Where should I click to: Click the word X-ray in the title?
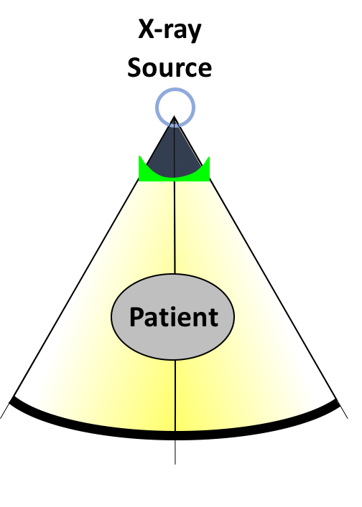tap(170, 30)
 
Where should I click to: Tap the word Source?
tap(170, 67)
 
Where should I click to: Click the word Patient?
tap(174, 317)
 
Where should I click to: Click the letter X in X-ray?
tap(146, 29)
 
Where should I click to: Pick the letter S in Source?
tap(134, 67)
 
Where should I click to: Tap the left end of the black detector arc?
tap(11, 401)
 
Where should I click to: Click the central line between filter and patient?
tap(175, 227)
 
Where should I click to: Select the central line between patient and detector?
tap(175, 395)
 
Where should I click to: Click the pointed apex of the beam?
tap(175, 115)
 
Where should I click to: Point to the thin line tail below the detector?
tap(175, 452)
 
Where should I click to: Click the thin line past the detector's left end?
tap(4, 412)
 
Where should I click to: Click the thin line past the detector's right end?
tap(344, 412)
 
